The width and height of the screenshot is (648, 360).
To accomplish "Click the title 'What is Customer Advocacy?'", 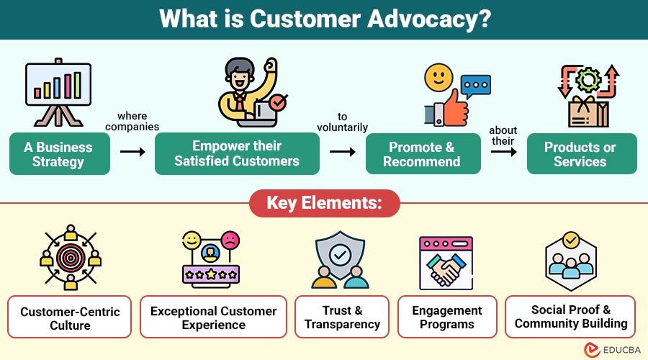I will (x=324, y=19).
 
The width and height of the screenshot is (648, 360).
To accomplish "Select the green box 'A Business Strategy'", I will (x=59, y=154).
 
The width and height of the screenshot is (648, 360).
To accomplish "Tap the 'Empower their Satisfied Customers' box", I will (x=237, y=154).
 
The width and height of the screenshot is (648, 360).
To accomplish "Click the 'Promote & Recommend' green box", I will (x=422, y=154).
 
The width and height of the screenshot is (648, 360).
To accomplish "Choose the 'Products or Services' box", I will (x=581, y=154).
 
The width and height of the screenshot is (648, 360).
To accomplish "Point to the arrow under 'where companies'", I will (x=132, y=152).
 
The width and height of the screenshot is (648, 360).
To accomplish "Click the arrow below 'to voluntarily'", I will (x=343, y=152).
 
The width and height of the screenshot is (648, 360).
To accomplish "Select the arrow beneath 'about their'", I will (x=503, y=152).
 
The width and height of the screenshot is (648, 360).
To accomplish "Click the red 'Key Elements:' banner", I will (x=324, y=203).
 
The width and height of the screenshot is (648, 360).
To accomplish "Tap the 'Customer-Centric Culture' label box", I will (x=70, y=318).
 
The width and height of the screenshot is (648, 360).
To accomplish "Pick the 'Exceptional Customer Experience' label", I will (x=213, y=317).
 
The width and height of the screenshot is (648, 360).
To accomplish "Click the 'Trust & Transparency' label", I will (x=342, y=317).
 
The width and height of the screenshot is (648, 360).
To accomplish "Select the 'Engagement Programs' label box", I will (x=447, y=317).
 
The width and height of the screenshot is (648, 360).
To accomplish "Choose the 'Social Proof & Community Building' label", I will (x=571, y=316).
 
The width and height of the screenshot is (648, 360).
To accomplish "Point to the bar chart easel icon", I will (x=58, y=90).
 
